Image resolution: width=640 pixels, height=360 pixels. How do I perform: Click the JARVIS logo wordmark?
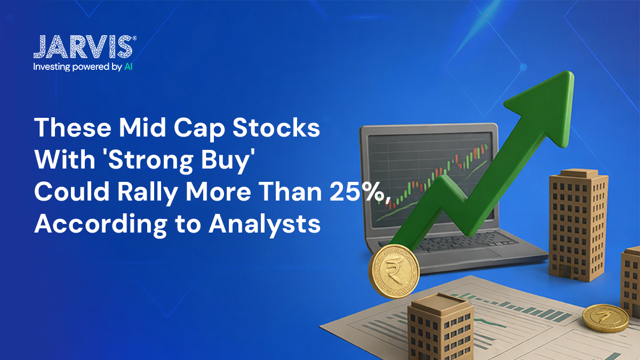coord(83,47)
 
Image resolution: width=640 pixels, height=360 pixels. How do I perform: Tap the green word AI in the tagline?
coord(129,67)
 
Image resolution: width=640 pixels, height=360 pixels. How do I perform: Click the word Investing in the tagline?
coord(52,67)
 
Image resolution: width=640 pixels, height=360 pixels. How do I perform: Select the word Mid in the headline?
coord(142,127)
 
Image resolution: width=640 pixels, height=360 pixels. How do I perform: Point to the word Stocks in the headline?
coord(276,127)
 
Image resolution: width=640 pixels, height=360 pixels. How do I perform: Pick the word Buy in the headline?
coord(227,162)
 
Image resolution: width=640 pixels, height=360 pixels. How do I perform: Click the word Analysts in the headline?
coord(265,225)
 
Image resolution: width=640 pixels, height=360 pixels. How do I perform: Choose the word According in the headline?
coord(101,226)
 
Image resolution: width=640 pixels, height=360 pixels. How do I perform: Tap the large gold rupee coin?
coord(394,271)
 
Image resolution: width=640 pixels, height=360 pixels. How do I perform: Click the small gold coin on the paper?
coord(605,318)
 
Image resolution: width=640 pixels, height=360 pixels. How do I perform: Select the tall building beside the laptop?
coord(578,225)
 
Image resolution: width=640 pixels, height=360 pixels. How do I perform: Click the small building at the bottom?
coord(441,326)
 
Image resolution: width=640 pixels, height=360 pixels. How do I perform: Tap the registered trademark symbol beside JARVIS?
coord(134,38)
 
